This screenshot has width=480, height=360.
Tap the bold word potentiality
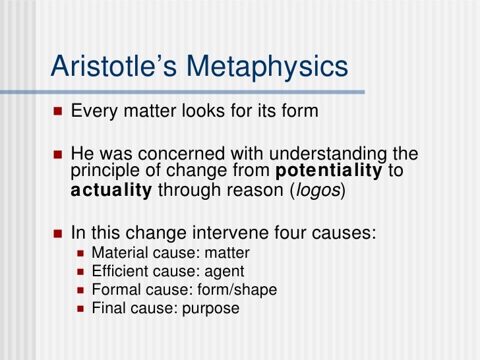(327, 172)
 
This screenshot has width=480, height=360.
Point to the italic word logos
(317, 191)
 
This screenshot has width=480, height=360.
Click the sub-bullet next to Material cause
(81, 253)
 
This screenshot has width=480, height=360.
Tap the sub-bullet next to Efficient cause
(81, 272)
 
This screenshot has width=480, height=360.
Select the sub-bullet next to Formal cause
(81, 290)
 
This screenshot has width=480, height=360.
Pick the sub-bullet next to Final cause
(81, 309)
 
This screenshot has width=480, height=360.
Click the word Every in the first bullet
(92, 111)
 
